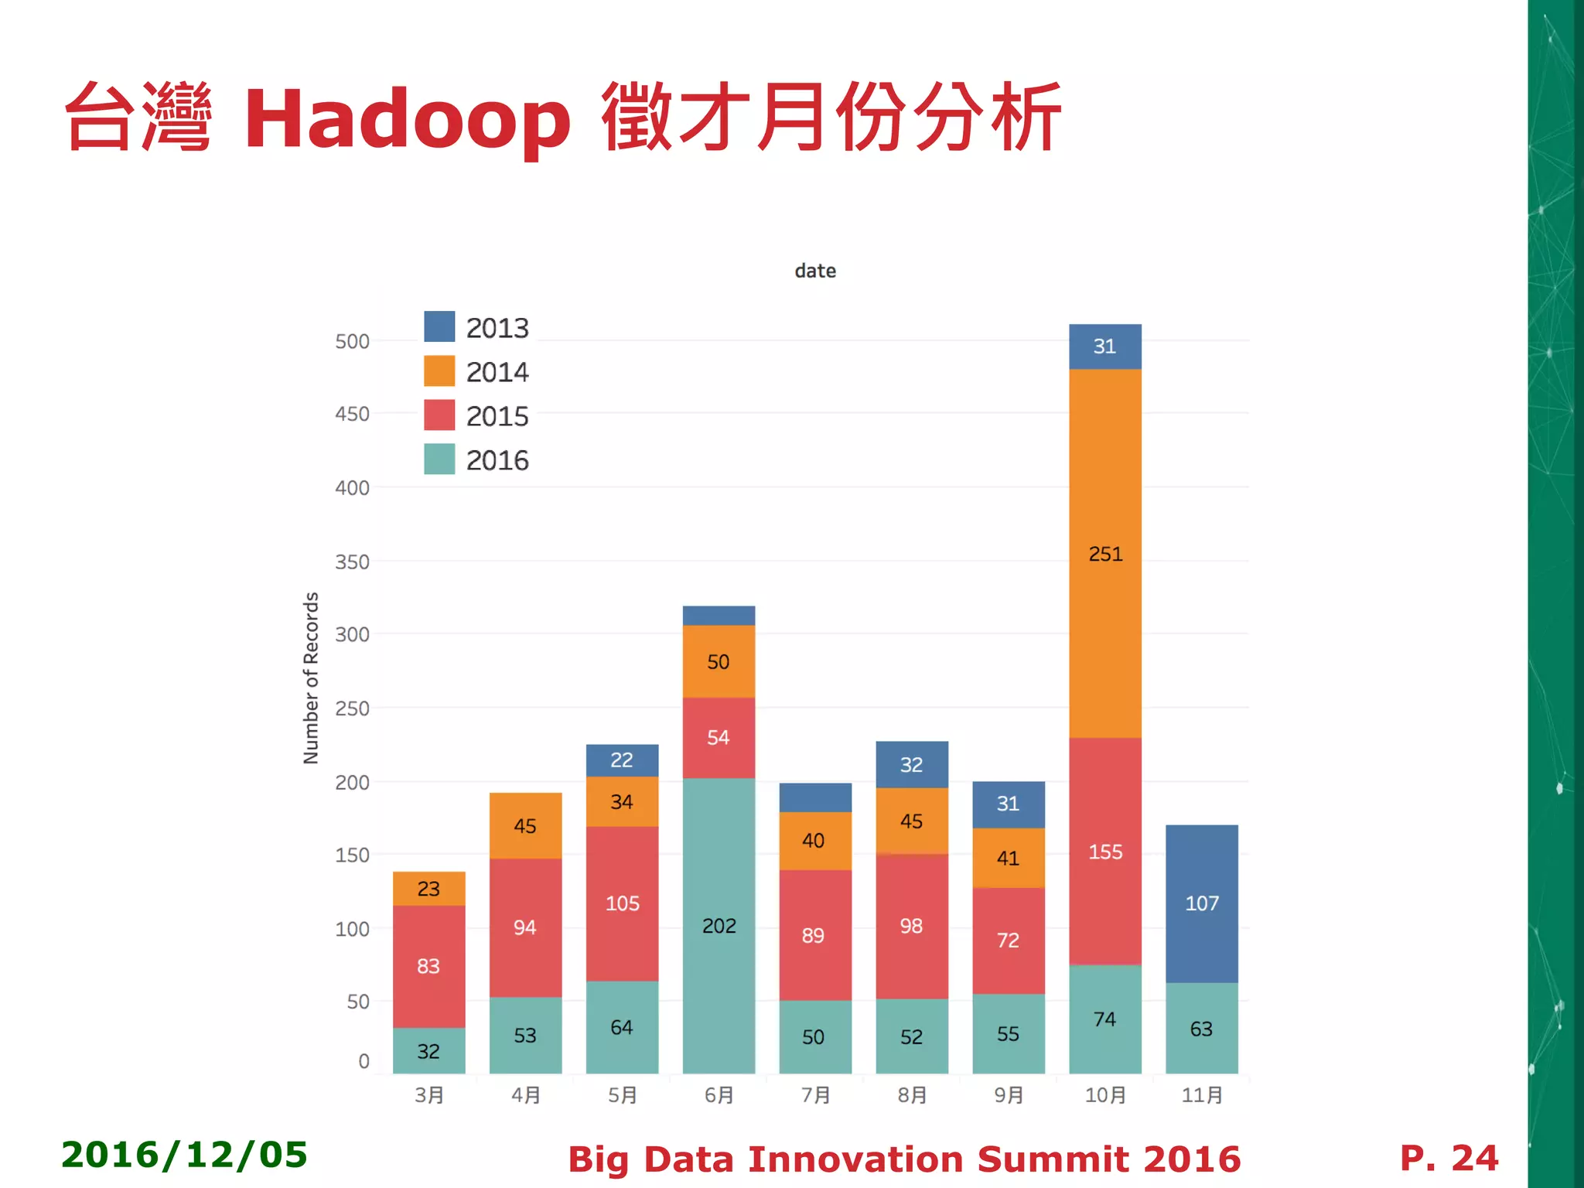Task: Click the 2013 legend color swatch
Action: (x=439, y=326)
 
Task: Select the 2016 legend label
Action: (x=497, y=460)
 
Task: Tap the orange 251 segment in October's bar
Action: (x=1104, y=553)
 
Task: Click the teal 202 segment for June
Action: (x=719, y=925)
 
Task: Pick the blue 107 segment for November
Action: (x=1201, y=903)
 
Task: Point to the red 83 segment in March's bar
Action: (x=428, y=965)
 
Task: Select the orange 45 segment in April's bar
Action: (x=525, y=825)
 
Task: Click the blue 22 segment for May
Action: (x=622, y=760)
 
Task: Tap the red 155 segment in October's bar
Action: (x=1104, y=851)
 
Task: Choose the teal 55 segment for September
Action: (x=1008, y=1033)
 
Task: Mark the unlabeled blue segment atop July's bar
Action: (x=815, y=797)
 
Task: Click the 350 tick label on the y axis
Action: (x=352, y=562)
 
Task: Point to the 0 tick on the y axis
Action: (x=364, y=1061)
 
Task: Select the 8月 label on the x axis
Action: (x=912, y=1095)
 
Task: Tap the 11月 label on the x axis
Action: (x=1202, y=1095)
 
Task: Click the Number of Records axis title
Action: (x=311, y=678)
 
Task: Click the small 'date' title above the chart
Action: (x=815, y=271)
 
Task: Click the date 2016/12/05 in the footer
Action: (x=184, y=1155)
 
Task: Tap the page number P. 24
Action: (x=1449, y=1158)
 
